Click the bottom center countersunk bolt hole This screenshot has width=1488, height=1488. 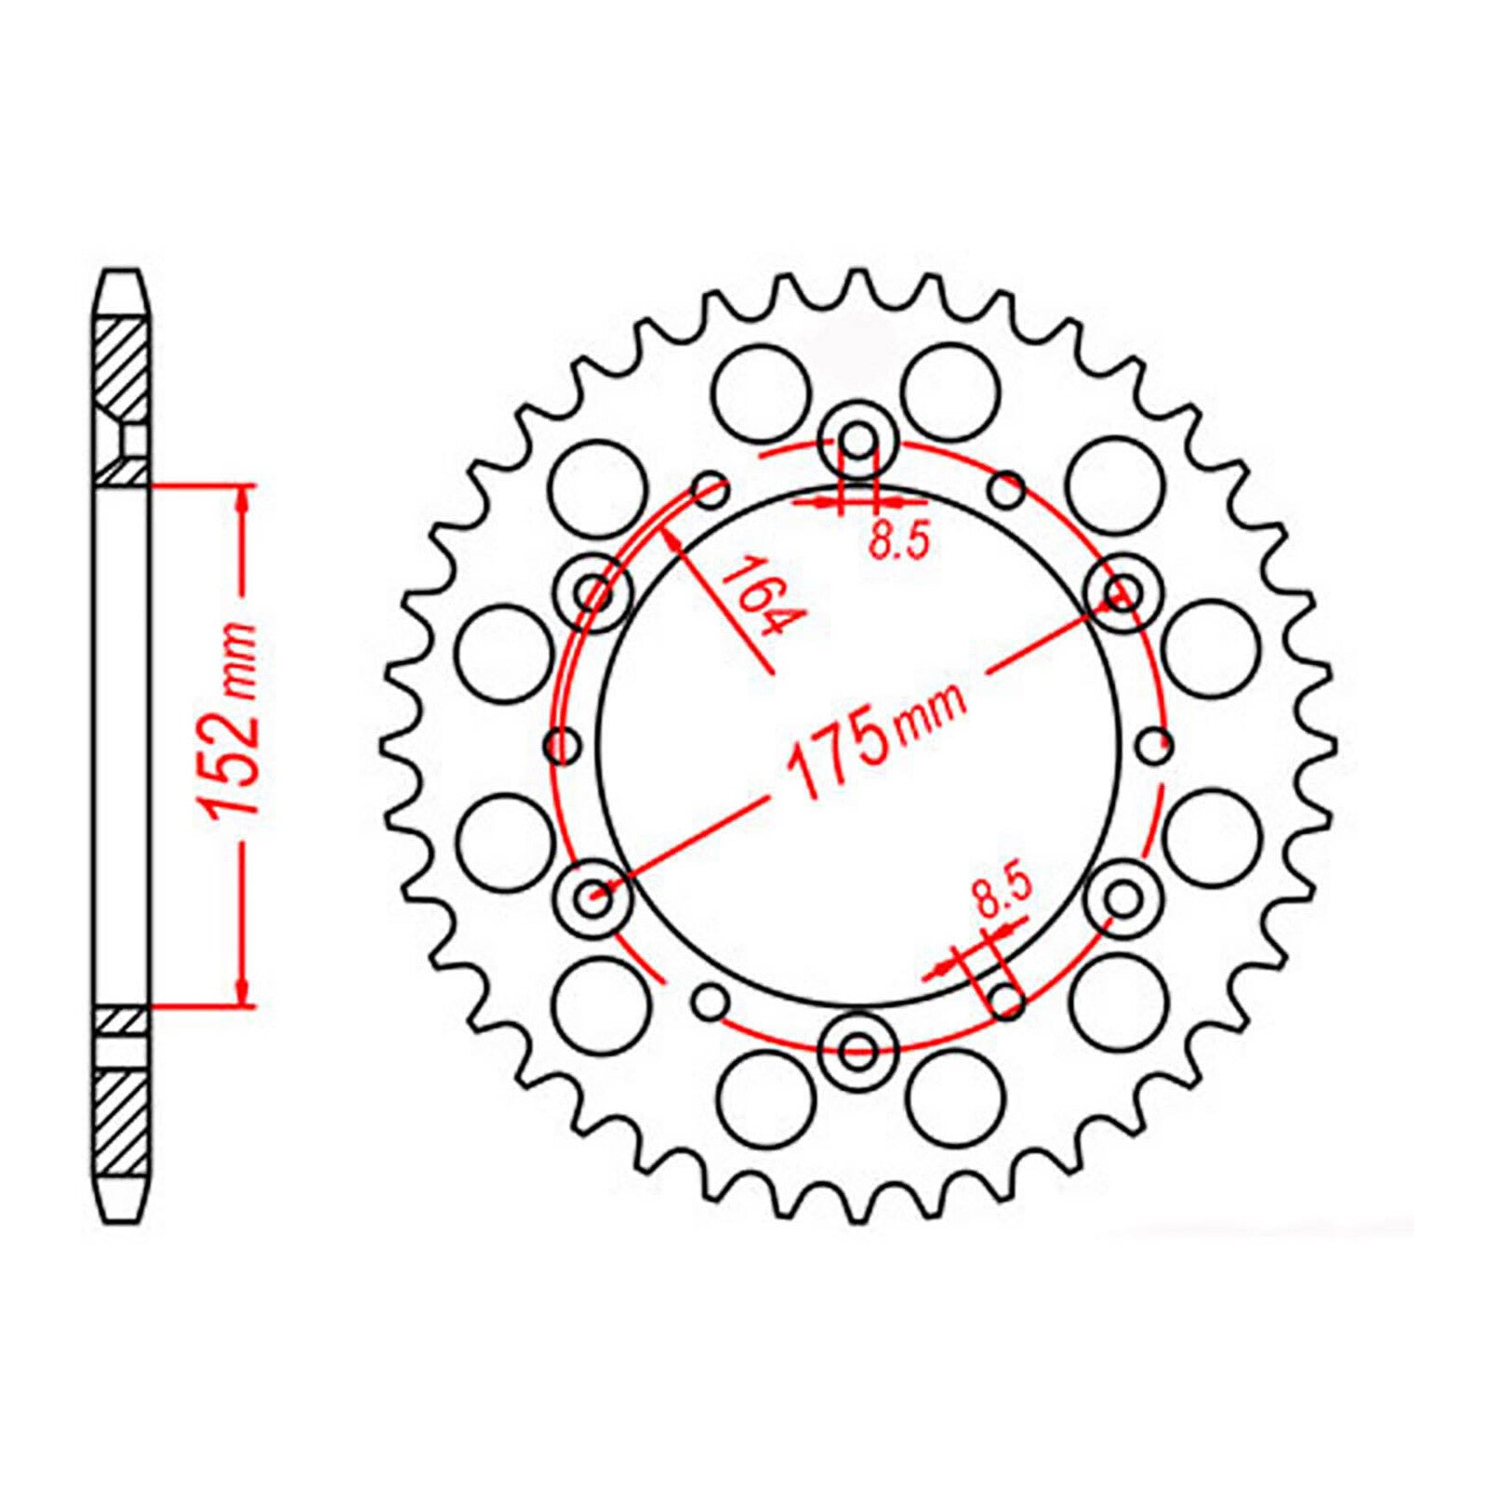tap(857, 1052)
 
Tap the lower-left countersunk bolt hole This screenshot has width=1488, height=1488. tap(594, 897)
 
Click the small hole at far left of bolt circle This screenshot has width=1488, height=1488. tap(560, 743)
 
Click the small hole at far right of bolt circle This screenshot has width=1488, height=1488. tap(1156, 743)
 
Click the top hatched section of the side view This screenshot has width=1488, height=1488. tap(121, 367)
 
